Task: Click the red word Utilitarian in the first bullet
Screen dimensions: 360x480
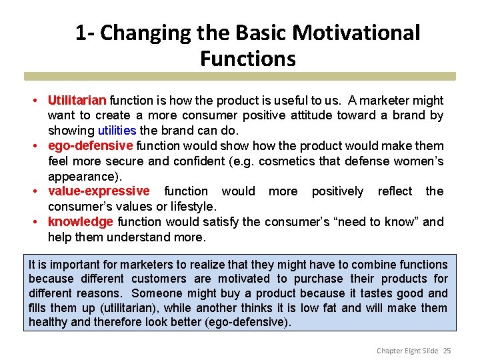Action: point(77,101)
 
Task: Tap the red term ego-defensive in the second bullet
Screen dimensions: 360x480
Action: point(91,146)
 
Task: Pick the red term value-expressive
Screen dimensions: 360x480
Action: point(99,191)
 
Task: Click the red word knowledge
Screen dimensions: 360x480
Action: point(80,222)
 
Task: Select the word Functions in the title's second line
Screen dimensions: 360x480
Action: point(247,59)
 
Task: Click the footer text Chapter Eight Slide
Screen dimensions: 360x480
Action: point(407,350)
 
